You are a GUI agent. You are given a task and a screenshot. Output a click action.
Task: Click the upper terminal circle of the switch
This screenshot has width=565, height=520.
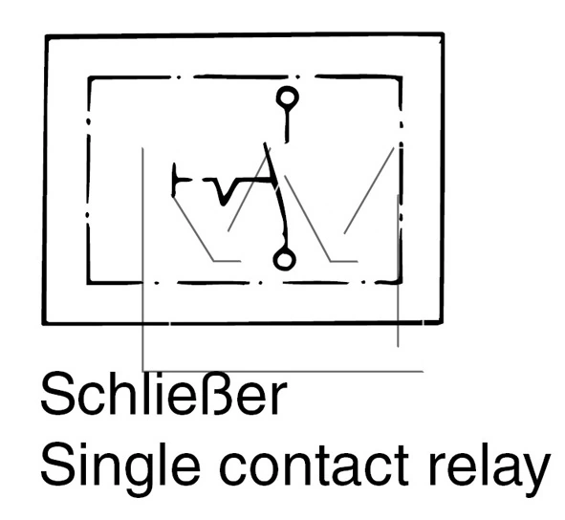coord(287,97)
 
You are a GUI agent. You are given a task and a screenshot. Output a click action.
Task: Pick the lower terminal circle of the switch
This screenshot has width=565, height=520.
coord(284,259)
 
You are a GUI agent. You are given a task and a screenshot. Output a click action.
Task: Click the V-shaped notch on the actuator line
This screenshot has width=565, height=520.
coord(224,191)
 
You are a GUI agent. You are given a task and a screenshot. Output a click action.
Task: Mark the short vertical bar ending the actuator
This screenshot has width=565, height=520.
coord(174,180)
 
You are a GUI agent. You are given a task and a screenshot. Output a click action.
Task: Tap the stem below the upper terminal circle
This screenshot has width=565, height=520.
coord(287,125)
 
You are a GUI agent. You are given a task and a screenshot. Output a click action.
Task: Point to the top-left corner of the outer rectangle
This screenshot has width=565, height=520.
coord(47,36)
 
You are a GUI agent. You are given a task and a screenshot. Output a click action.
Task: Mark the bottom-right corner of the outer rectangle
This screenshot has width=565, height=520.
coord(442,322)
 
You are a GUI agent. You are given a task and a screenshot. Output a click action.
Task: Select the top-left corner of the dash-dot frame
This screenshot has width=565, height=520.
coord(89,78)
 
